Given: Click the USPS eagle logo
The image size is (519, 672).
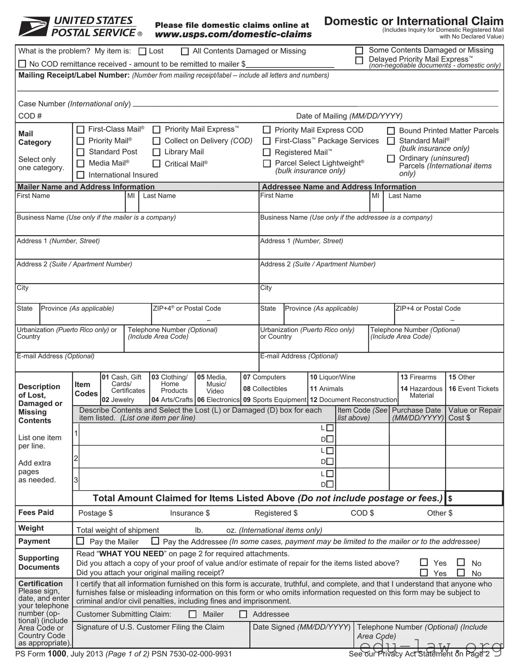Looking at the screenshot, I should [x=34, y=26].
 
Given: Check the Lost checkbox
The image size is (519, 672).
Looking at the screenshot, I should [x=143, y=51].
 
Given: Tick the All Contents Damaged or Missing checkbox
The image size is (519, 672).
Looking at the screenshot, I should [x=185, y=51].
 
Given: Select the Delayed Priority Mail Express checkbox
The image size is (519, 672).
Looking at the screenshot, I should [x=359, y=61].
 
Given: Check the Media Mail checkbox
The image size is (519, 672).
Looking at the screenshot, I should [x=80, y=164].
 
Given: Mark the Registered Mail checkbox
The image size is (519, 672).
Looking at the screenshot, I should [x=267, y=152].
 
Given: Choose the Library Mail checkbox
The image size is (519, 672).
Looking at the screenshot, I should [x=156, y=152].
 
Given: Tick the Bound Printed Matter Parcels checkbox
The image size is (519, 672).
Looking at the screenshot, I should [x=391, y=131].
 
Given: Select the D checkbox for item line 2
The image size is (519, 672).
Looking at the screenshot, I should [x=330, y=462].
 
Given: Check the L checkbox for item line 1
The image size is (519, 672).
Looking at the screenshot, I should [x=330, y=428].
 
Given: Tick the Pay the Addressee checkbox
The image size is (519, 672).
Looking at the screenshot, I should [x=155, y=541].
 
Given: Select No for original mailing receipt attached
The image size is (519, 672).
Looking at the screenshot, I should [x=461, y=573].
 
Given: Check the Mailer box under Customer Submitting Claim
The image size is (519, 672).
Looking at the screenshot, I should [x=193, y=614].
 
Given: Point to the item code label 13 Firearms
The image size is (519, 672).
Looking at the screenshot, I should [x=418, y=377].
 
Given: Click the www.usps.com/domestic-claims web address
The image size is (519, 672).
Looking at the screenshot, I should [x=233, y=34].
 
